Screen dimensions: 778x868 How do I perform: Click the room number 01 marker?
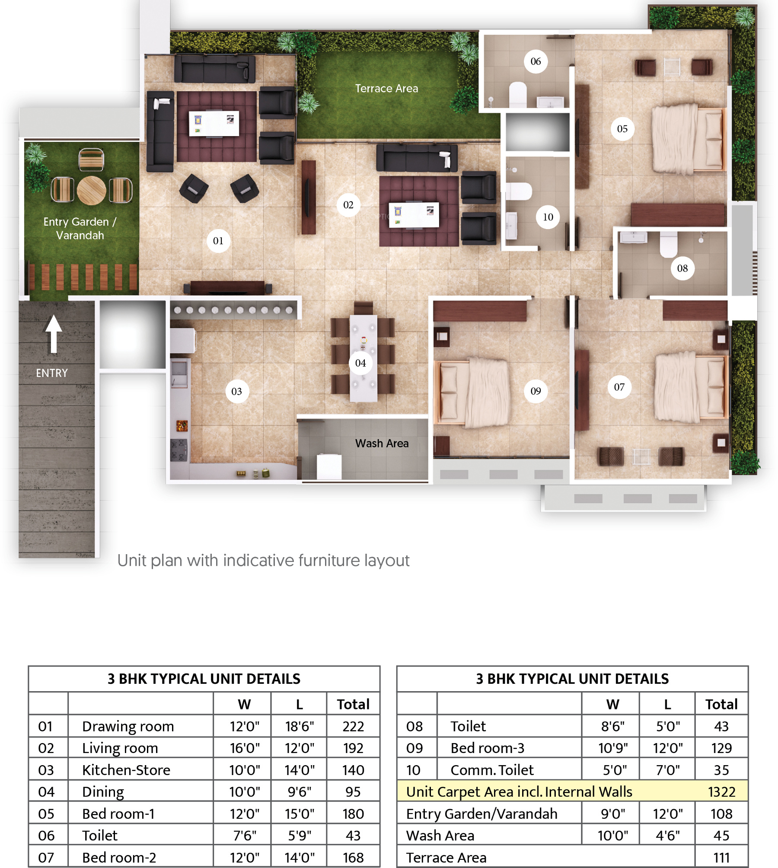[x=218, y=241]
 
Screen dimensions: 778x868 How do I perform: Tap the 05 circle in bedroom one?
[x=622, y=129]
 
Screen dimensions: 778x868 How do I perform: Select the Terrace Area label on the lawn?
[x=386, y=89]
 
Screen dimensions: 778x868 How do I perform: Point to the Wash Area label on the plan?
[x=382, y=444]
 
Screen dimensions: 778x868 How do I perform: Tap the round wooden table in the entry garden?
[x=92, y=190]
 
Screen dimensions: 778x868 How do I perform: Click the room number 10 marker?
[x=548, y=217]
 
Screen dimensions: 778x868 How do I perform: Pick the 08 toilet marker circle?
[x=682, y=268]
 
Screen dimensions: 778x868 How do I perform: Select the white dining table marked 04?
[x=363, y=358]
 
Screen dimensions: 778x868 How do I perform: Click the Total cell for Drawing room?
[x=353, y=726]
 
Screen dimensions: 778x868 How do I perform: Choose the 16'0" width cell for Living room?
[x=245, y=748]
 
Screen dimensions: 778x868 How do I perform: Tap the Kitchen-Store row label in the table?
[x=126, y=770]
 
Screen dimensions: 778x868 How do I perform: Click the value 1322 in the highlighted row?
[x=721, y=791]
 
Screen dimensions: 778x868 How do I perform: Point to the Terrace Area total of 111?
[x=721, y=857]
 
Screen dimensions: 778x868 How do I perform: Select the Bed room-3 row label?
[x=487, y=748]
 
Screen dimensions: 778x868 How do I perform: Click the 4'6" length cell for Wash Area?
[x=668, y=836]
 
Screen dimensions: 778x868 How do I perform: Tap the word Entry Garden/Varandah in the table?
[x=481, y=814]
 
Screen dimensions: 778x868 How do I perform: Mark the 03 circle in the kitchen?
[x=236, y=391]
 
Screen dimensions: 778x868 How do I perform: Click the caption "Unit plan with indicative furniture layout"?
[x=263, y=561]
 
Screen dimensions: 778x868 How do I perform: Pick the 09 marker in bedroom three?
[x=536, y=391]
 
